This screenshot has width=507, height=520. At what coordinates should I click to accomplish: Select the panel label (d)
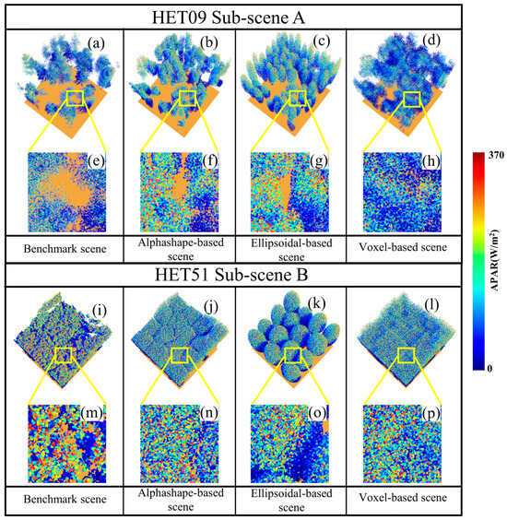coord(430,44)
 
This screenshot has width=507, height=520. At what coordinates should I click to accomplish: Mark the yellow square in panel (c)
coord(297,98)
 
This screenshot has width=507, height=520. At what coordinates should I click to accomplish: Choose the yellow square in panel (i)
coord(65,356)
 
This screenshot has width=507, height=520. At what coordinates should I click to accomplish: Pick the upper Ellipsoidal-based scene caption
coord(290,249)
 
